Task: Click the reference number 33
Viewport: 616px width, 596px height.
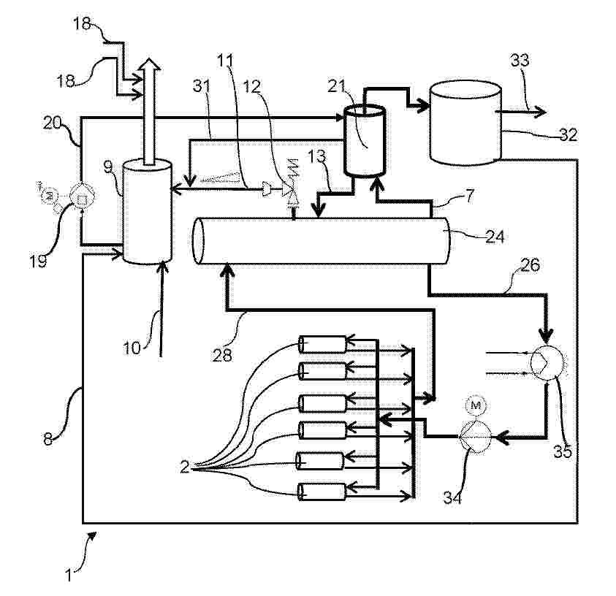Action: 520,61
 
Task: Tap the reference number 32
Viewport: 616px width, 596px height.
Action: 568,134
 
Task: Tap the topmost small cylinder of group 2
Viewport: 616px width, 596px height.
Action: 322,343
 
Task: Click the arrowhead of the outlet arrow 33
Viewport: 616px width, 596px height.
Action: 541,112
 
